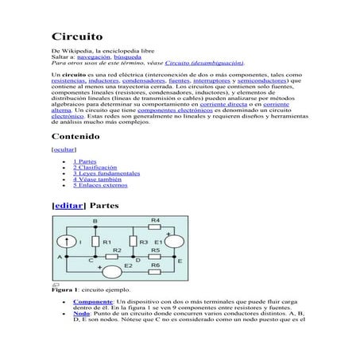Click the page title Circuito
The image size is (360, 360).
(x=77, y=37)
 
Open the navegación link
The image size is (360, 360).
(x=93, y=57)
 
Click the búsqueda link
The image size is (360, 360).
(x=127, y=57)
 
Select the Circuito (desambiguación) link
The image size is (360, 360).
(x=204, y=63)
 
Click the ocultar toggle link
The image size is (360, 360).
(x=64, y=149)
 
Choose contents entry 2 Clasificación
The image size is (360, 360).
(x=95, y=168)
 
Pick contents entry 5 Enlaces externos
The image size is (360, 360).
(x=99, y=185)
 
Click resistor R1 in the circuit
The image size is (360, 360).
(x=95, y=241)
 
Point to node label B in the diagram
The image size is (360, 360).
(x=95, y=221)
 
